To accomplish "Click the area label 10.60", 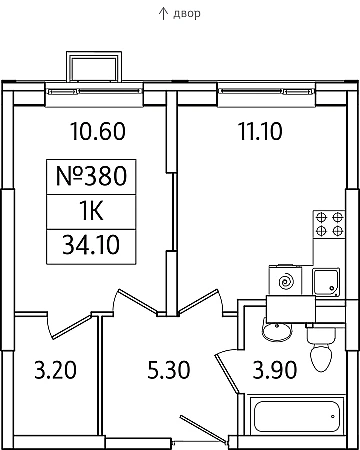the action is (98, 131).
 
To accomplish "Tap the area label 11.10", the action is (260, 131).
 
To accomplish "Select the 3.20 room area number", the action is (55, 370).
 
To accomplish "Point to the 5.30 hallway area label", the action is (169, 370).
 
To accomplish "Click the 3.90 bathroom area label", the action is (274, 370).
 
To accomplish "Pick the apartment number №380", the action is (91, 176).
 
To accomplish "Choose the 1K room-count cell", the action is (91, 211).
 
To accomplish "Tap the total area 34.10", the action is (91, 245).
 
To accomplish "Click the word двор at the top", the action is (187, 13).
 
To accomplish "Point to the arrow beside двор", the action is (163, 13).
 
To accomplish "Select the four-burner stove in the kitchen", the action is (329, 224).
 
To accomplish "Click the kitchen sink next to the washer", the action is (326, 282).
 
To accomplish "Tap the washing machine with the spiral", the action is (286, 281).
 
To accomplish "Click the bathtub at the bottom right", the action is (296, 417).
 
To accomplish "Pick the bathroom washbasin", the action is (277, 330).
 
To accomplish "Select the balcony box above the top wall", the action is (94, 67).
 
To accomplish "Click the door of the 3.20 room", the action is (72, 326).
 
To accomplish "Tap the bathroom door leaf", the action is (228, 373).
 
